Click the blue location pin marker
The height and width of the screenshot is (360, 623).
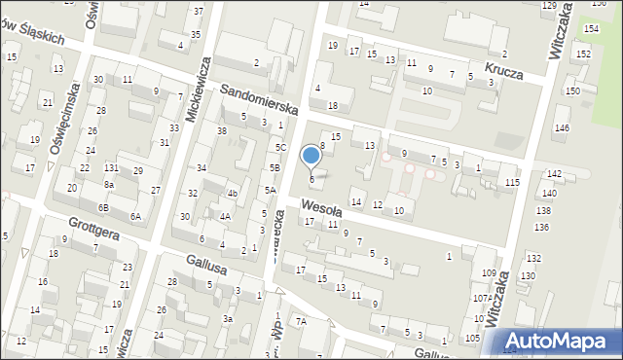click(311, 156)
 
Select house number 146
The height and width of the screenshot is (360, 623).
click(562, 128)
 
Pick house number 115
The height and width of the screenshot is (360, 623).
click(512, 183)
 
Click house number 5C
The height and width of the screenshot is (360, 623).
click(280, 147)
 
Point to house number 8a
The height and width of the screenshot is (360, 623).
click(110, 184)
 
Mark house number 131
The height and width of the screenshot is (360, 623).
click(111, 168)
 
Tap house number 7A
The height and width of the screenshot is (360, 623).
click(301, 321)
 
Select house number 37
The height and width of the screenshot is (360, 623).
click(199, 11)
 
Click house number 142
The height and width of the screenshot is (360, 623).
click(554, 173)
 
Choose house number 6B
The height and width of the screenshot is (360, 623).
click(103, 208)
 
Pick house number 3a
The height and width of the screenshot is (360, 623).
click(228, 318)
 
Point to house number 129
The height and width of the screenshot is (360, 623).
click(550, 6)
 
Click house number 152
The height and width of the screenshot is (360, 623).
click(583, 54)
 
